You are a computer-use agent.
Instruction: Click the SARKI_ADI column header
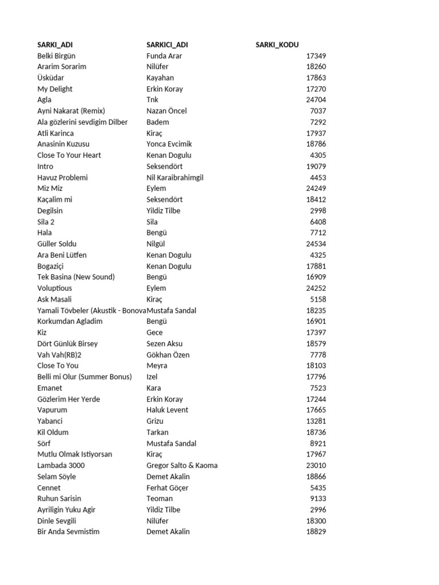click(55, 45)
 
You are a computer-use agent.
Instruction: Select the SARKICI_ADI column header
click(167, 45)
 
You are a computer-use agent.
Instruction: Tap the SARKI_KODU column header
click(277, 45)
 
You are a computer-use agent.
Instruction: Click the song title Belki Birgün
click(56, 56)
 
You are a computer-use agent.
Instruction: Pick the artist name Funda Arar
click(165, 56)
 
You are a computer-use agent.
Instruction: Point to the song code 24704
click(316, 100)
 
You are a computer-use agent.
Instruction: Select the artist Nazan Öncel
click(166, 111)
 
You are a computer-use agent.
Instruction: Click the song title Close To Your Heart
click(69, 155)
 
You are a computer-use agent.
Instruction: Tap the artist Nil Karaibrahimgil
click(175, 178)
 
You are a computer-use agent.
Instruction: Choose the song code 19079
click(316, 166)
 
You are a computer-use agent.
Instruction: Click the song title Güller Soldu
click(57, 244)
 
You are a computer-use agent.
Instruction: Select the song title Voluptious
click(55, 289)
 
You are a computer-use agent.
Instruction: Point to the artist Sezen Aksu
click(165, 344)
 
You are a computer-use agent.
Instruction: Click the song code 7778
click(318, 355)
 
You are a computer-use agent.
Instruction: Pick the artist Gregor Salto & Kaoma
click(182, 466)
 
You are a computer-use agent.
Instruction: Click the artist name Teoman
click(159, 499)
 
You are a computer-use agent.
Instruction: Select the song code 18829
click(316, 532)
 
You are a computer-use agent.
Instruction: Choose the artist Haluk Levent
click(167, 410)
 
